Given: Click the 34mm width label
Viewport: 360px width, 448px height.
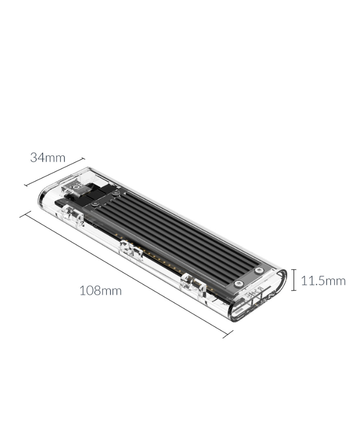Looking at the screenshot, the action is pyautogui.click(x=48, y=158).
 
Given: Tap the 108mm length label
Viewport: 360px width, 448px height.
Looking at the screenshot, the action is pyautogui.click(x=100, y=291).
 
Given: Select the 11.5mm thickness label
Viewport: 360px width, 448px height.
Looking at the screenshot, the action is pyautogui.click(x=323, y=281).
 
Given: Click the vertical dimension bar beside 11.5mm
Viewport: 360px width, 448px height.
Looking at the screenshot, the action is pyautogui.click(x=294, y=280).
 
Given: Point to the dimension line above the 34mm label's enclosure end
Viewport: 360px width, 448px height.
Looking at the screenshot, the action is pyautogui.click(x=54, y=172).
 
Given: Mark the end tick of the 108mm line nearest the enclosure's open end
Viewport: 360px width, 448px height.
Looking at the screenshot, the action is pyautogui.click(x=228, y=334).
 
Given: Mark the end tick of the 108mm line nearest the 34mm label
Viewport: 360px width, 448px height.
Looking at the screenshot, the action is pyautogui.click(x=25, y=214).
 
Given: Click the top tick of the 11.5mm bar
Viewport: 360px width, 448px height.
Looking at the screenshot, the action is pyautogui.click(x=294, y=269).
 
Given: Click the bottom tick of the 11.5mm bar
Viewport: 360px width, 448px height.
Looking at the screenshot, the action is pyautogui.click(x=294, y=290).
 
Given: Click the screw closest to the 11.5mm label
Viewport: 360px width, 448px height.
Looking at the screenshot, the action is pyautogui.click(x=259, y=270).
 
